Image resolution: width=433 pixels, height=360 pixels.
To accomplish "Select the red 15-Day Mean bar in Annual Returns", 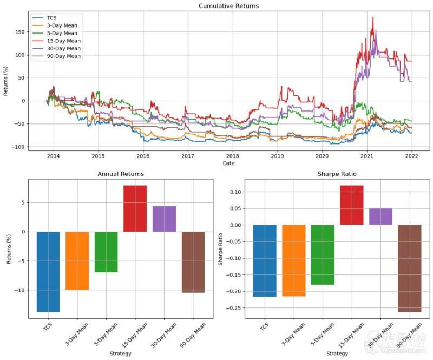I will click(135, 208).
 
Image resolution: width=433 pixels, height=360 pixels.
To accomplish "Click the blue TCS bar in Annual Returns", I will click(48, 271).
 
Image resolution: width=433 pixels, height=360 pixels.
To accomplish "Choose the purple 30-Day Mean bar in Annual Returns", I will click(164, 219).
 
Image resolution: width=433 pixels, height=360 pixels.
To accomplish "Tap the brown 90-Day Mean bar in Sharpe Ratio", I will click(409, 268).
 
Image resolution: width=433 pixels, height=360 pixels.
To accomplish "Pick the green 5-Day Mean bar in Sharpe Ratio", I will click(323, 254).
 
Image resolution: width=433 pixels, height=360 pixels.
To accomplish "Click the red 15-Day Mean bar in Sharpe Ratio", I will click(351, 205).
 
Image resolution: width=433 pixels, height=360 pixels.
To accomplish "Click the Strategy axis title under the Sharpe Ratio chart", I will click(337, 354).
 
